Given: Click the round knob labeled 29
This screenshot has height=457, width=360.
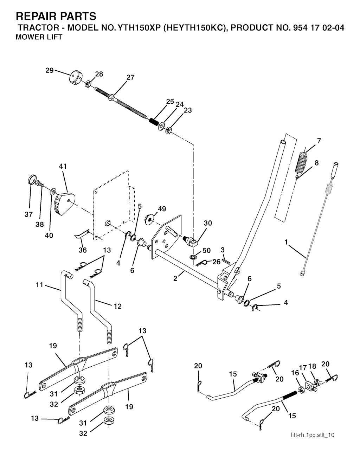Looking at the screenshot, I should click(x=75, y=77).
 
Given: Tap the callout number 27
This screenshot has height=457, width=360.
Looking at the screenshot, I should click(x=130, y=77).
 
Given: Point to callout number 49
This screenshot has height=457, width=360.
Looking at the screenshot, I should click(x=162, y=209).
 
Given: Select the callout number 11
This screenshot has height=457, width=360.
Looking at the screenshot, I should click(x=39, y=285).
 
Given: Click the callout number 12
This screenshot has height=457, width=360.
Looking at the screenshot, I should click(x=117, y=306).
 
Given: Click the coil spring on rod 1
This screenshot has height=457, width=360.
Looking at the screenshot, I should click(x=329, y=190).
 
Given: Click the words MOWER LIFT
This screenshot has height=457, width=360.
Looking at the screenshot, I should click(x=39, y=37).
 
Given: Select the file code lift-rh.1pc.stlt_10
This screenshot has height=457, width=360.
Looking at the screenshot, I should click(x=313, y=435).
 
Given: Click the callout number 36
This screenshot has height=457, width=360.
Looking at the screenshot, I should click(x=82, y=250).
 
